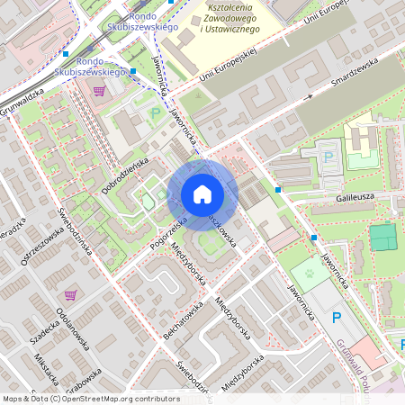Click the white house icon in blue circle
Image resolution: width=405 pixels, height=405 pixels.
[x=202, y=194]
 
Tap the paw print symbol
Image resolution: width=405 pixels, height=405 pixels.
[x=310, y=271]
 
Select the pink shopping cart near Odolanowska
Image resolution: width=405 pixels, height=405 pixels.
[x=69, y=294]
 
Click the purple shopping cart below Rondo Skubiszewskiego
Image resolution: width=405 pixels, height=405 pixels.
[x=98, y=90]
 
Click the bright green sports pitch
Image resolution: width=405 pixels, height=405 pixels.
[x=382, y=238]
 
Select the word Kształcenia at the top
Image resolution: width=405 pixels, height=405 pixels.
[x=228, y=7]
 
